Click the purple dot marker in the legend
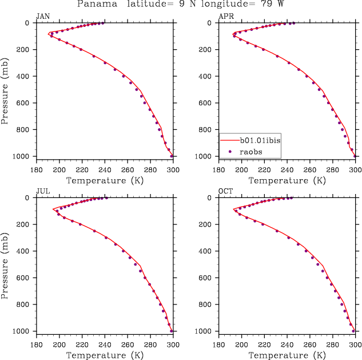pyautogui.click(x=229, y=152)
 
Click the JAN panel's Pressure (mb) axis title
pyautogui.click(x=5, y=89)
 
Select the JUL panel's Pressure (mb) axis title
pyautogui.click(x=5, y=264)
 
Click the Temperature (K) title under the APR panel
pyautogui.click(x=287, y=180)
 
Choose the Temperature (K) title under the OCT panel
pyautogui.click(x=287, y=355)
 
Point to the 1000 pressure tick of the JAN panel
pyautogui.click(x=23, y=156)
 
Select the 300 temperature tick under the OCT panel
pyautogui.click(x=355, y=345)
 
